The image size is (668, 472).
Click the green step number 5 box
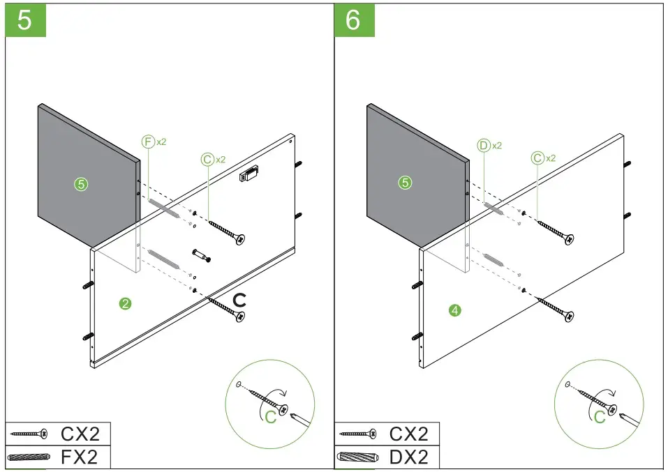(x=25, y=20)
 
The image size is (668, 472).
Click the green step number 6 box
(x=354, y=20)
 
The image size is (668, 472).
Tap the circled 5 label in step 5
(x=81, y=184)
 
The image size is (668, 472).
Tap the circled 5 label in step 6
(x=405, y=183)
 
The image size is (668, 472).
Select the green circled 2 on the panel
(x=125, y=303)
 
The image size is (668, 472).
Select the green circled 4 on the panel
(x=455, y=310)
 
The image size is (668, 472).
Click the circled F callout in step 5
(x=147, y=142)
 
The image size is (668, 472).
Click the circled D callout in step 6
(x=483, y=146)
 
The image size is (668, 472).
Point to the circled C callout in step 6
(x=537, y=158)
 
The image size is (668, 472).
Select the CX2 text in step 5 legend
(x=80, y=434)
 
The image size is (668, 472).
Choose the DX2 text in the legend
(x=408, y=457)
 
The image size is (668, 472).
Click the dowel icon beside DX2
(x=357, y=458)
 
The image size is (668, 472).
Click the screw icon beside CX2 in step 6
(x=357, y=434)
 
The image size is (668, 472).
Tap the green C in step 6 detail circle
(x=600, y=417)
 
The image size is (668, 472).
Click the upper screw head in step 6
(x=569, y=239)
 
